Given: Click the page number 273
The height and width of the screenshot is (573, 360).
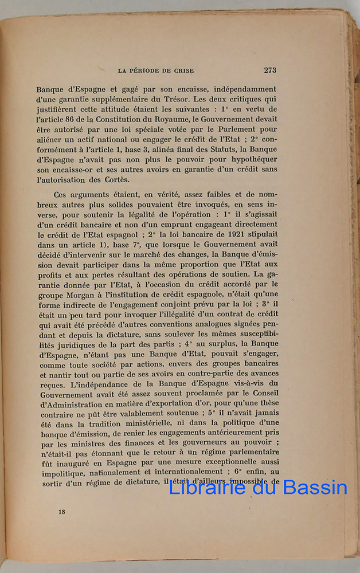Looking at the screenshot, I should (x=271, y=70).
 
